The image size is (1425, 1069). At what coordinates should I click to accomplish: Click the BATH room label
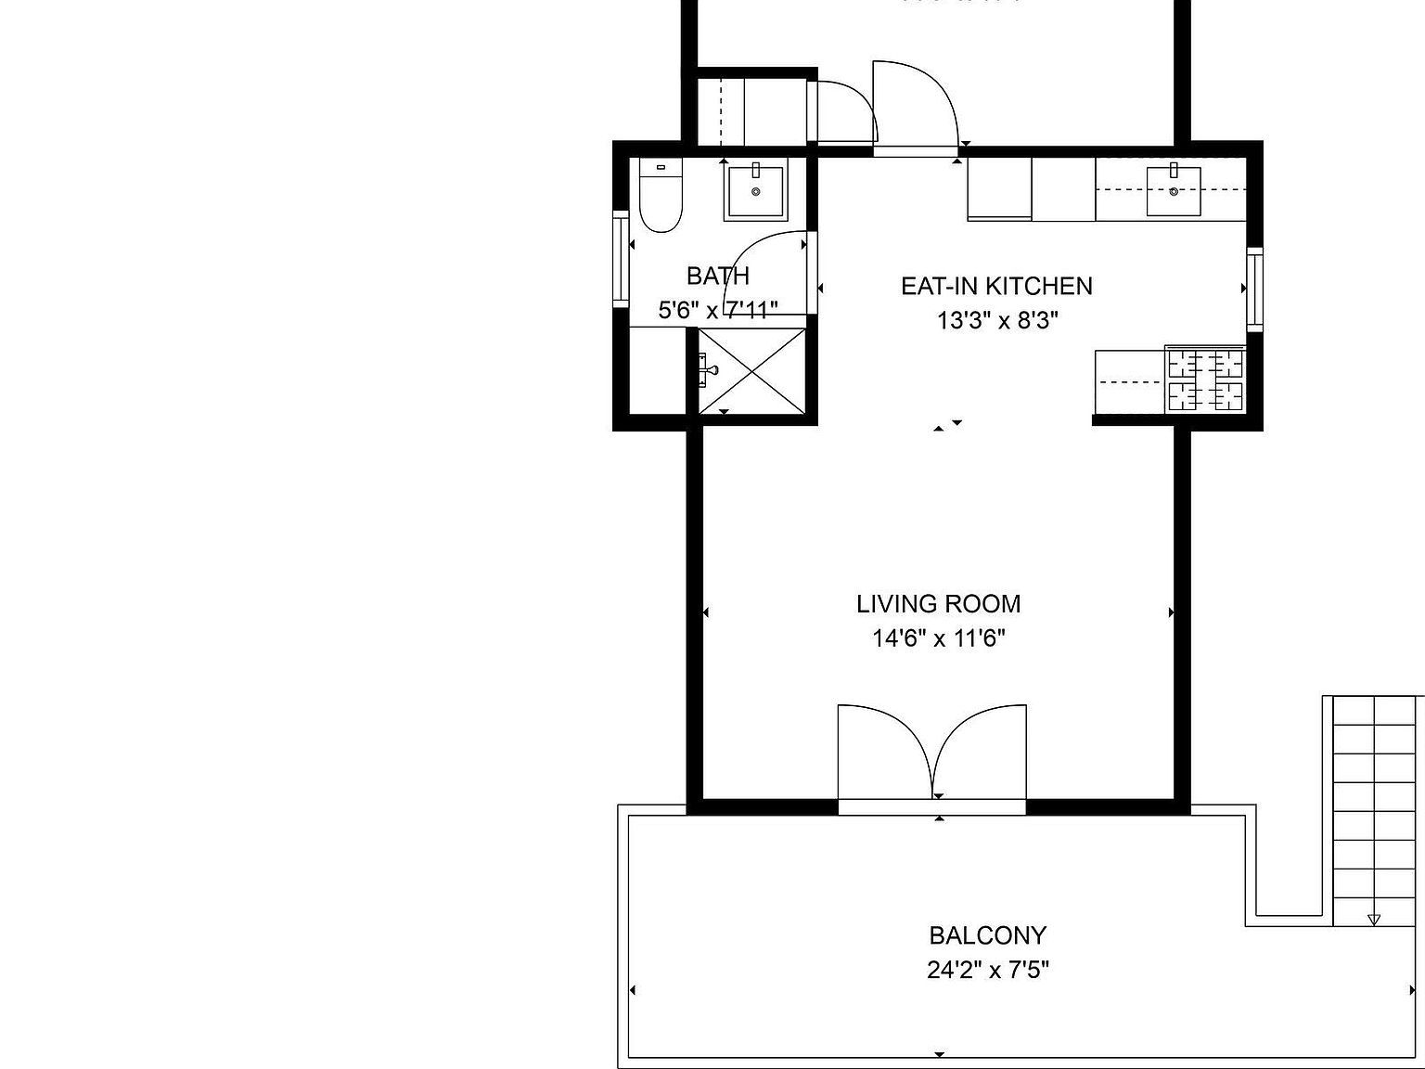pos(717,276)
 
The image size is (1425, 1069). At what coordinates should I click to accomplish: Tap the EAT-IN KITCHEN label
pos(996,286)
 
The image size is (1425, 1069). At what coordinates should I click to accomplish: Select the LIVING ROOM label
pos(938,604)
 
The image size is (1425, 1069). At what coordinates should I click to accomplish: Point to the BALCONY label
pos(987,934)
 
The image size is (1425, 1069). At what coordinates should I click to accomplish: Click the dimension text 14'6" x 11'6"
pos(938,638)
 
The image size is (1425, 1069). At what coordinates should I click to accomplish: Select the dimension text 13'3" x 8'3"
pos(997,321)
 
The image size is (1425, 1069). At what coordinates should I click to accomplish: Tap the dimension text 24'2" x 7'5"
pos(987,971)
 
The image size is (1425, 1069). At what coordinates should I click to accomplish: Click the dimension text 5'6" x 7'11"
pos(717,309)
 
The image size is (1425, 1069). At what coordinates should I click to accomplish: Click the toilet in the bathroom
pos(661,197)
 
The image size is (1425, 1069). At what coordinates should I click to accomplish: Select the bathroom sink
pos(755,190)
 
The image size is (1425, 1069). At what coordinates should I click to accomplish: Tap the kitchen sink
pos(1174,191)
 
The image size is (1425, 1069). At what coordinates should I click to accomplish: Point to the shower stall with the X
pos(752,370)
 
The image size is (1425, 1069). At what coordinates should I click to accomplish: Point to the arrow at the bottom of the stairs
pos(1373,920)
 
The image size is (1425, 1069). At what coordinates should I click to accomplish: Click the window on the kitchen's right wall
pos(1254,289)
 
